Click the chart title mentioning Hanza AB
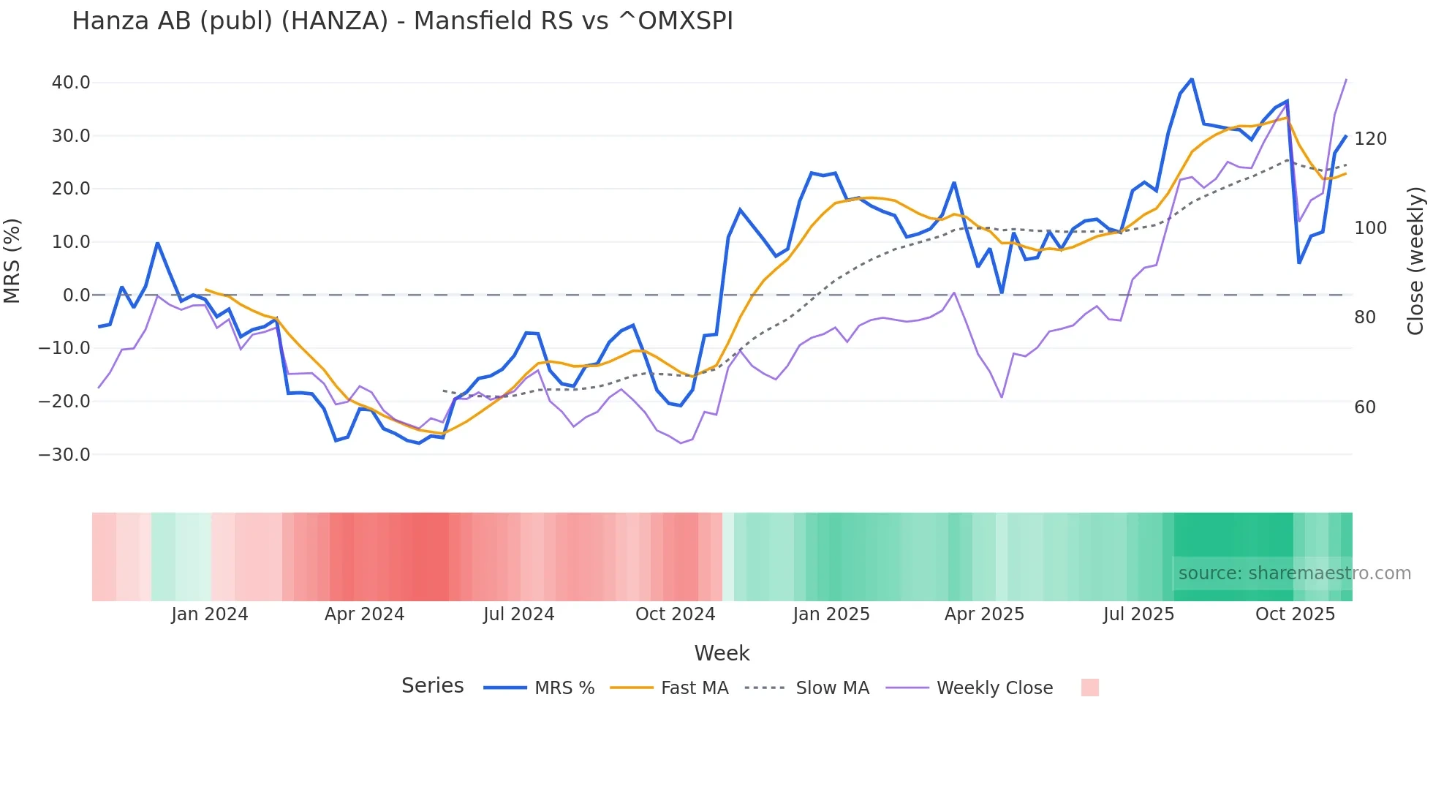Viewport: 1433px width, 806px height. pyautogui.click(x=402, y=21)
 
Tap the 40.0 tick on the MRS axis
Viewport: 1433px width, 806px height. pyautogui.click(x=71, y=83)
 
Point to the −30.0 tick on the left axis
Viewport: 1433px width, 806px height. pyautogui.click(x=64, y=454)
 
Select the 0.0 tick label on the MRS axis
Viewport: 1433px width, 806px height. pyautogui.click(x=76, y=295)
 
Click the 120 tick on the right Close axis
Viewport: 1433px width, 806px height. pyautogui.click(x=1370, y=139)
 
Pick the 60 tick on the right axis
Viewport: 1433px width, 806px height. pyautogui.click(x=1365, y=407)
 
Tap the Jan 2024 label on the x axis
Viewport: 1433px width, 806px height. pyautogui.click(x=210, y=614)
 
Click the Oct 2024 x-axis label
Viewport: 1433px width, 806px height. pyautogui.click(x=675, y=614)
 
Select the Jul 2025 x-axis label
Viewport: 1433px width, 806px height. pyautogui.click(x=1138, y=614)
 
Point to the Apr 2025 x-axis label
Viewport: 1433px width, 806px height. pyautogui.click(x=984, y=614)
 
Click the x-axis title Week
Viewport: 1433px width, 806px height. pyautogui.click(x=722, y=653)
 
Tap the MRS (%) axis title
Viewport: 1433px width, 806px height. pyautogui.click(x=12, y=261)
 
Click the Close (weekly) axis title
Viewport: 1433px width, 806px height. pyautogui.click(x=1415, y=261)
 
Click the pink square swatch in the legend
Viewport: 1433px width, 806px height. pyautogui.click(x=1089, y=688)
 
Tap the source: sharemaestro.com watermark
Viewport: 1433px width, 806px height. pyautogui.click(x=1294, y=573)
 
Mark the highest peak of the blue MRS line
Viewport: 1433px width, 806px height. pyautogui.click(x=1192, y=79)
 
